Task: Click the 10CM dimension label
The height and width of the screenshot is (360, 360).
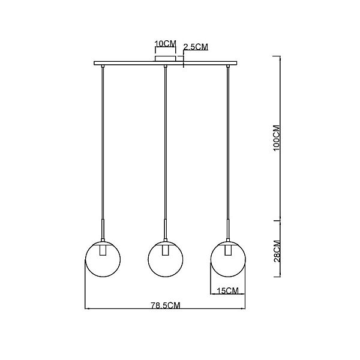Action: click(166, 44)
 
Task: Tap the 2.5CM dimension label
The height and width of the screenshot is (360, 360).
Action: click(196, 47)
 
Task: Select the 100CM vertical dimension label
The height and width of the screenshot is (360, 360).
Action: click(277, 138)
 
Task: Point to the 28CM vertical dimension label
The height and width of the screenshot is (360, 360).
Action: click(277, 251)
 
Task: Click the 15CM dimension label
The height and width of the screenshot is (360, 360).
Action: click(228, 290)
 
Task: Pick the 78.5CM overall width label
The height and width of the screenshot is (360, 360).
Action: click(166, 305)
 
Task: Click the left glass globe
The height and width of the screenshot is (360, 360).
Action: click(103, 259)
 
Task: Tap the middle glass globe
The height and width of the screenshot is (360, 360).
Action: click(166, 259)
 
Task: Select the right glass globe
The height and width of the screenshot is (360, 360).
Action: click(228, 259)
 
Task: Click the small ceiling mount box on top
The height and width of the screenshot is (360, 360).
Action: click(166, 58)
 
